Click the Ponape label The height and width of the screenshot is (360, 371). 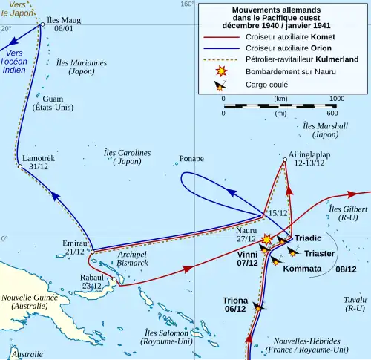click(191, 159)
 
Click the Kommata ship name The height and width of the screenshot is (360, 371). click(302, 269)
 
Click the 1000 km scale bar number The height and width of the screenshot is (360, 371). click(336, 98)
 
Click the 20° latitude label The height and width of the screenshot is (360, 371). click(6, 28)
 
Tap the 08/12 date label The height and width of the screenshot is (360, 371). click(347, 269)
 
